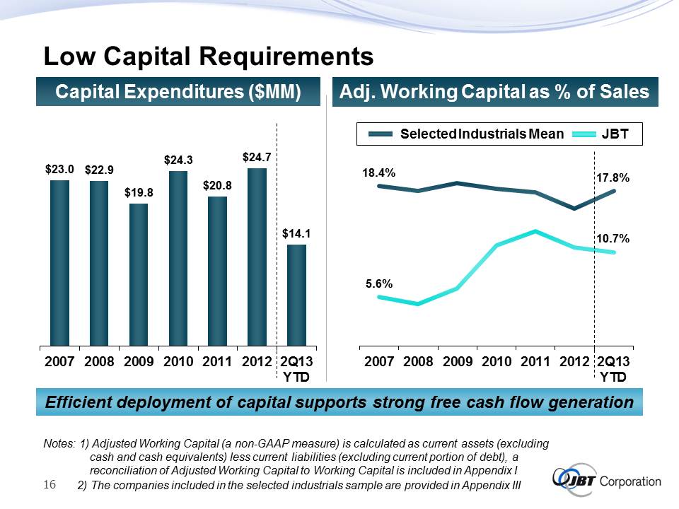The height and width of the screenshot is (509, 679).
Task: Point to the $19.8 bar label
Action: pyautogui.click(x=139, y=192)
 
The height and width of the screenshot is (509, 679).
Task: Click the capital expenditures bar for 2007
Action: pyautogui.click(x=59, y=262)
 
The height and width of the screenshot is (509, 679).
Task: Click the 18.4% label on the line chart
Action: pyautogui.click(x=380, y=172)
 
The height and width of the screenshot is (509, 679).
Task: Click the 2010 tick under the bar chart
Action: pyautogui.click(x=178, y=362)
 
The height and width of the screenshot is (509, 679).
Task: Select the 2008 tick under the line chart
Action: pyautogui.click(x=419, y=362)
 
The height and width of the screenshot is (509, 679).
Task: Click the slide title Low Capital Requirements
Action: pyautogui.click(x=208, y=55)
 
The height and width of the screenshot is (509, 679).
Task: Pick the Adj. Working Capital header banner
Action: pyautogui.click(x=495, y=92)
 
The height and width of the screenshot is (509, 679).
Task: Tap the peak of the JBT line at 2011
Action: pyautogui.click(x=535, y=231)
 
